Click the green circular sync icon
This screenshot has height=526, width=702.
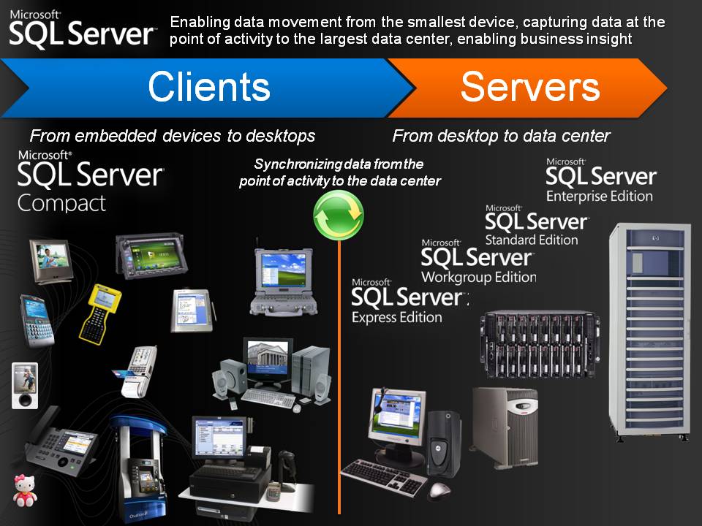[x=339, y=214]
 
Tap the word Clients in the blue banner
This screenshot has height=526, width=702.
[x=208, y=87]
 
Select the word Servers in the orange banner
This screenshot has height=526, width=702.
[x=529, y=87]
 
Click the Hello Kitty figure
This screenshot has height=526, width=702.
[x=24, y=491]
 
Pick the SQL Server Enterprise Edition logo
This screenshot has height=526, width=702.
[x=600, y=180]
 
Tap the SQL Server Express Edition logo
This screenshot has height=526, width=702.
[x=407, y=300]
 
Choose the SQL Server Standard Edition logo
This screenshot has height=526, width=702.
[x=536, y=224]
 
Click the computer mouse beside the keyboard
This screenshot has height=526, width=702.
[x=439, y=489]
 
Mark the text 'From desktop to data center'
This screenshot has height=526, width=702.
[x=501, y=136]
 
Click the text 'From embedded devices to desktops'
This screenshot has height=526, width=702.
[x=173, y=136]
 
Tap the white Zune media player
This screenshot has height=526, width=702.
[x=24, y=385]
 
